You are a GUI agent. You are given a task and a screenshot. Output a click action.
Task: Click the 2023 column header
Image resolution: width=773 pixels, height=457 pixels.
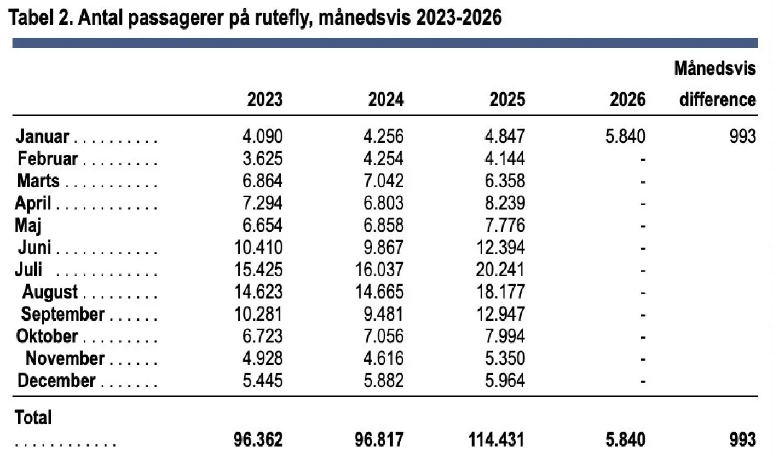click(x=265, y=100)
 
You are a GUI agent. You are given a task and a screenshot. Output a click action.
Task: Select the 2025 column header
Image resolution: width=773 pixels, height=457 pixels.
click(x=507, y=100)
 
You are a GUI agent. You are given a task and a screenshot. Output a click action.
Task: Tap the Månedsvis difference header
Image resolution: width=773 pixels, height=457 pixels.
click(x=717, y=84)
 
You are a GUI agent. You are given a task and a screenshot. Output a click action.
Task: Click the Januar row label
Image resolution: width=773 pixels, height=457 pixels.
click(x=43, y=136)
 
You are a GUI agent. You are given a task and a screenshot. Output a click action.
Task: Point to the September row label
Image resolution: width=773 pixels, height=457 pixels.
click(x=62, y=314)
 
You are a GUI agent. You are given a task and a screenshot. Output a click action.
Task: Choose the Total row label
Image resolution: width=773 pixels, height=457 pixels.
click(x=33, y=418)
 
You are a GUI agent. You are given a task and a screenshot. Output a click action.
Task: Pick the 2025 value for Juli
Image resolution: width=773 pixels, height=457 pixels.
click(x=501, y=270)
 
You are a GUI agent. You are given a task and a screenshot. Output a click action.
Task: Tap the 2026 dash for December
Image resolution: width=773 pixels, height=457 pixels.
click(x=643, y=380)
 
